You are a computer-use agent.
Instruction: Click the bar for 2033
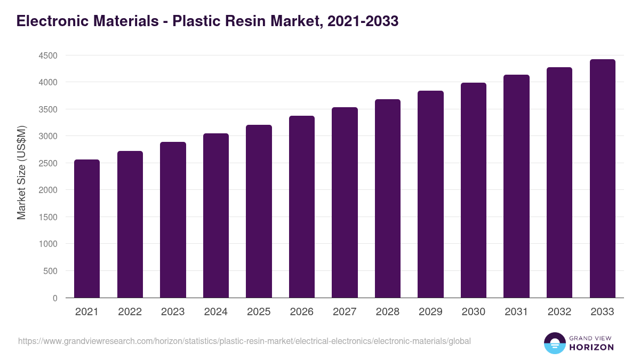[602, 178]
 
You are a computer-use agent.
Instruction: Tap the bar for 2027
[345, 202]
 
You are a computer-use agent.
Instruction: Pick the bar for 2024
[216, 215]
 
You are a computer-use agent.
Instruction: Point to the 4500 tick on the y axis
[47, 55]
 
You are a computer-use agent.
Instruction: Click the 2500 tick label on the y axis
[47, 163]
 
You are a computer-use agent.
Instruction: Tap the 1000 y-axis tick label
[47, 244]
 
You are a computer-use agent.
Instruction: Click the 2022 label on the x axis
[130, 312]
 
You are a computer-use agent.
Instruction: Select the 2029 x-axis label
[430, 312]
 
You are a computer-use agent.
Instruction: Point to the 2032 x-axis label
[559, 312]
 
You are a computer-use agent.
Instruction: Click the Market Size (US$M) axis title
[21, 173]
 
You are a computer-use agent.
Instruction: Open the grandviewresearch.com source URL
[244, 341]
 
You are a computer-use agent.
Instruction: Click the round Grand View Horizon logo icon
[555, 343]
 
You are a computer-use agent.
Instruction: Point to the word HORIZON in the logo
[591, 347]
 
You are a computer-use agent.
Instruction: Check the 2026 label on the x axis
[302, 312]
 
